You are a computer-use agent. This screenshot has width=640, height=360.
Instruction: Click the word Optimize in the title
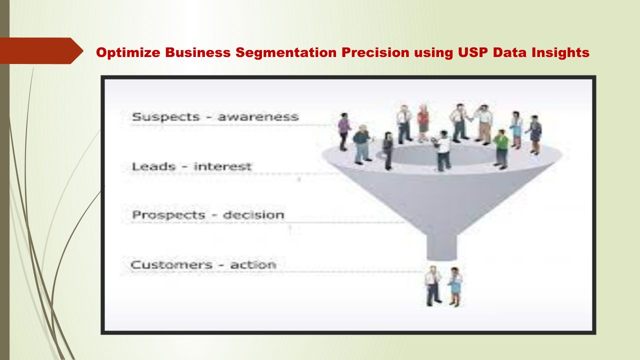(x=128, y=53)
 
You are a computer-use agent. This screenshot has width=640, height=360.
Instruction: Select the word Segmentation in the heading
(x=286, y=53)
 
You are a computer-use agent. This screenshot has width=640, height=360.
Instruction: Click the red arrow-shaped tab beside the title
(x=41, y=51)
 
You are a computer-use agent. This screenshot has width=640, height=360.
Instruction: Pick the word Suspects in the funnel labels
(x=165, y=117)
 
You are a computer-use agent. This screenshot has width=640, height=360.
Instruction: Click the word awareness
(x=258, y=117)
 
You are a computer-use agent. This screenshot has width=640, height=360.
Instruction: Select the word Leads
(x=153, y=166)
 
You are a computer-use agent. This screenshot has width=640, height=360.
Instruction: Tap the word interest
(x=222, y=166)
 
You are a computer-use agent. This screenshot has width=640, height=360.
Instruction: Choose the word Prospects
(x=168, y=215)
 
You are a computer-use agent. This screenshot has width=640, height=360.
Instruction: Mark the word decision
(x=253, y=215)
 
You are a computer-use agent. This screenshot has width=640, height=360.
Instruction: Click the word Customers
(x=171, y=265)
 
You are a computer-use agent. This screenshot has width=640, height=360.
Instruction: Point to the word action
(x=253, y=265)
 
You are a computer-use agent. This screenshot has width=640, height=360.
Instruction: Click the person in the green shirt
(x=501, y=149)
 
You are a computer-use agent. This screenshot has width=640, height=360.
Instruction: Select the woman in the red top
(x=423, y=123)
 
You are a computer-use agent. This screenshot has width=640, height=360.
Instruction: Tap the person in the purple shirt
(x=344, y=131)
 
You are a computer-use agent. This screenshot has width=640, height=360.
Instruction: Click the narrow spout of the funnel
(x=441, y=247)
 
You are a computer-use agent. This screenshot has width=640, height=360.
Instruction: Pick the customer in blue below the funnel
(x=455, y=287)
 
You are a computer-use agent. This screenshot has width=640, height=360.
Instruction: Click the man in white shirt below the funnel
(x=432, y=286)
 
